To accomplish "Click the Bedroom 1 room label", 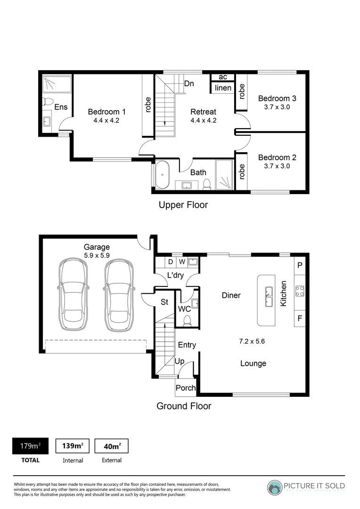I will [106, 112].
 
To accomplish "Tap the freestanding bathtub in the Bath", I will [162, 175].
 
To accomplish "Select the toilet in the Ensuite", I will [48, 102].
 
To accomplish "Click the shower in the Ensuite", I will [57, 84].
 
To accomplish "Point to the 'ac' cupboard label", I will [223, 77].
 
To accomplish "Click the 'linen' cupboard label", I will [223, 88].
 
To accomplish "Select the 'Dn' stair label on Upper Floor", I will [189, 84].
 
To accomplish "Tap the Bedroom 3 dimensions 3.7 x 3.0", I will [277, 107].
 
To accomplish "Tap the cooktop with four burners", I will [299, 291].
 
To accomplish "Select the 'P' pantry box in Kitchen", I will [299, 265].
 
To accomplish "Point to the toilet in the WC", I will [187, 320].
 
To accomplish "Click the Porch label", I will [186, 388].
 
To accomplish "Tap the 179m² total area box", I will [30, 446].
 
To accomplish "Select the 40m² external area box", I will [112, 446].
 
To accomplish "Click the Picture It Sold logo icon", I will [275, 487].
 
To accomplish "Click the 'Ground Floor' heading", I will [184, 406].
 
